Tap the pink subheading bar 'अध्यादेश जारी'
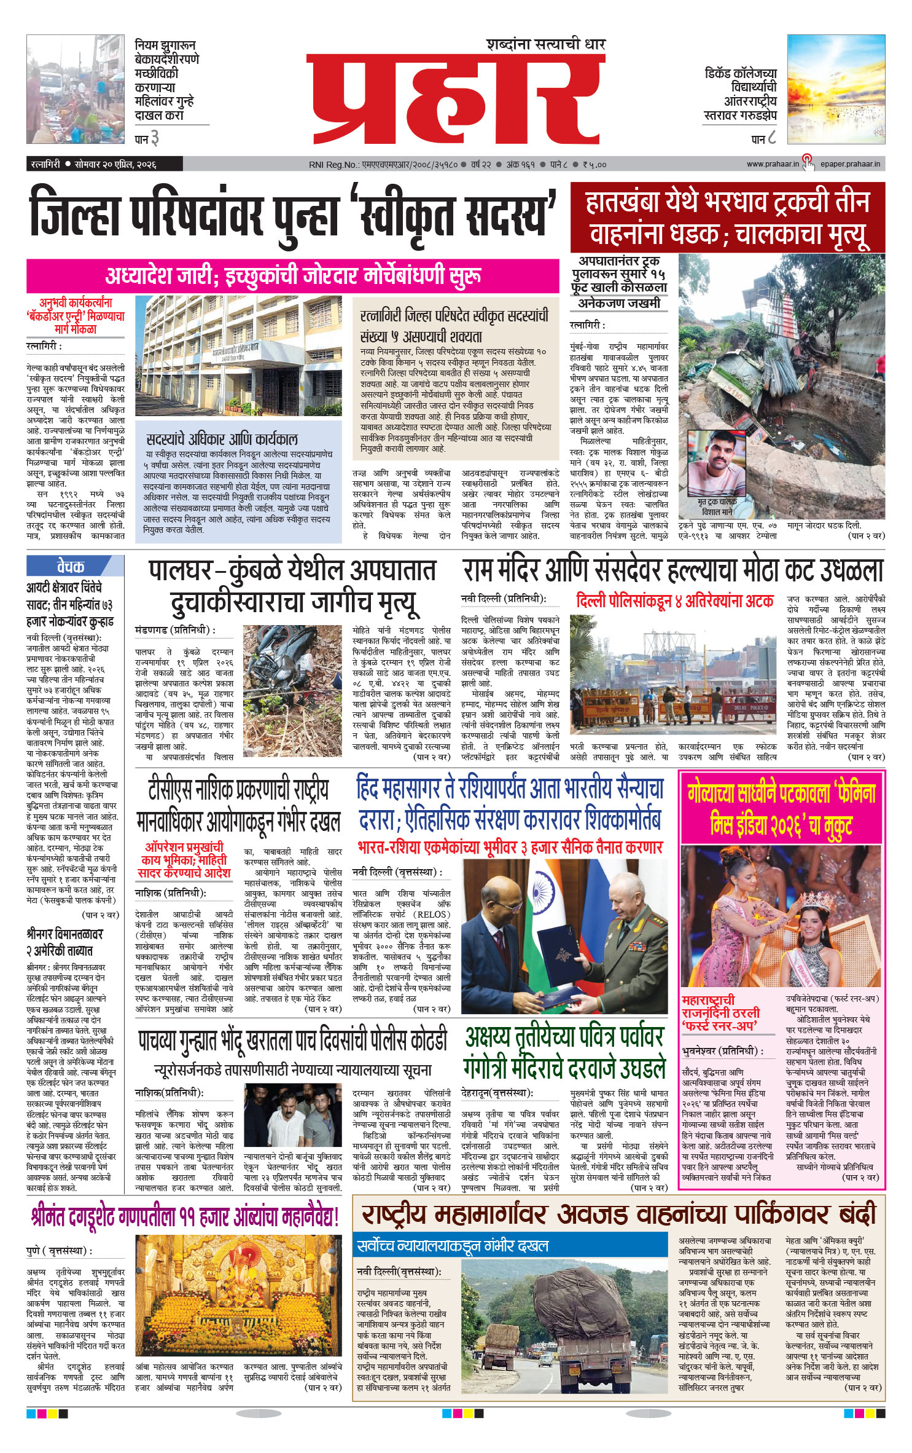[x=292, y=276]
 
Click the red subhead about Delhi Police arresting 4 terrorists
[x=674, y=600]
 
